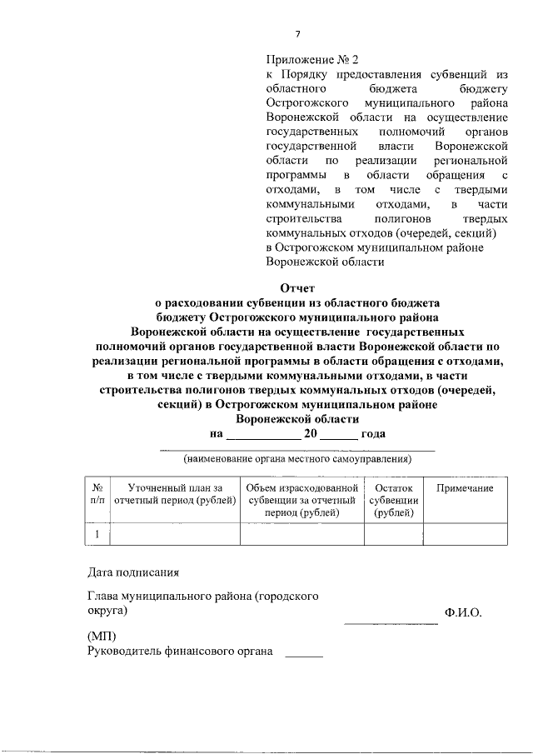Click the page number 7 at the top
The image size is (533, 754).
coord(296,33)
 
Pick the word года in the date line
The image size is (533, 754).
coord(373,434)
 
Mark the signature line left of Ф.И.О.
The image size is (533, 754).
coord(391,623)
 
